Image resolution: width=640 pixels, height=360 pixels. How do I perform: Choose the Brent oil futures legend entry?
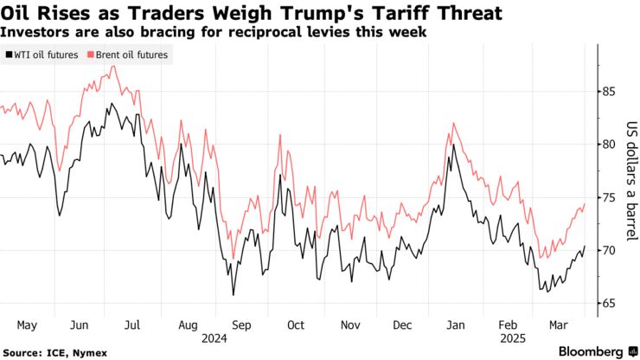tap(127, 55)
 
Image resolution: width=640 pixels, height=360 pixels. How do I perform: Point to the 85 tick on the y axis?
tap(610, 92)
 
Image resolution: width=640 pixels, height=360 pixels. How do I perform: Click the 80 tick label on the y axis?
tap(610, 145)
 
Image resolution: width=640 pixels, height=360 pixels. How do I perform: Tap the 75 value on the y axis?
tap(610, 197)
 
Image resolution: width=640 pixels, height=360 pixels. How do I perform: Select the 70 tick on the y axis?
tap(610, 250)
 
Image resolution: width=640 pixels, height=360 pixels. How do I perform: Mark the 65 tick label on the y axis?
tap(610, 303)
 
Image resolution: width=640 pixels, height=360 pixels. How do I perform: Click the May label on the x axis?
tap(27, 325)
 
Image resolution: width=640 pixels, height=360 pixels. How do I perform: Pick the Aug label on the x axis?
tap(188, 325)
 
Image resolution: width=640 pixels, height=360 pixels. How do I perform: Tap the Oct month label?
tap(296, 325)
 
